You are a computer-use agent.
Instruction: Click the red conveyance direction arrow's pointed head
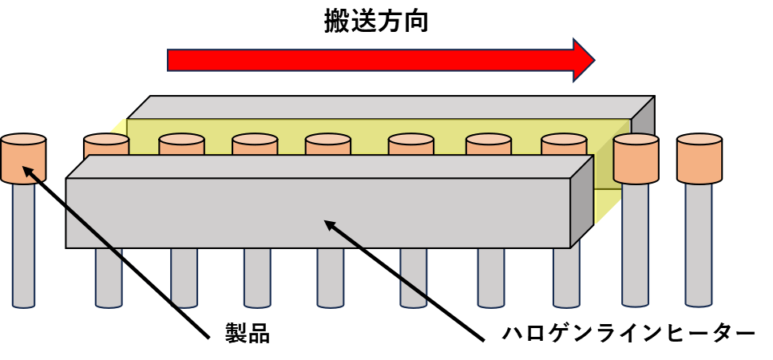pyautogui.click(x=585, y=60)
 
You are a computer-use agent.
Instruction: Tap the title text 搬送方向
pyautogui.click(x=375, y=22)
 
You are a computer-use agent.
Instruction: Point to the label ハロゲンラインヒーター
pyautogui.click(x=628, y=334)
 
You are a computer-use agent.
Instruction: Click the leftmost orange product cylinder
pyautogui.click(x=23, y=158)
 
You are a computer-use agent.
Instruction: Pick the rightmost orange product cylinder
pyautogui.click(x=699, y=158)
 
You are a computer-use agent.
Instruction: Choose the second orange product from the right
pyautogui.click(x=636, y=158)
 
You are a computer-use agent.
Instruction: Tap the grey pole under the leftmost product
pyautogui.click(x=24, y=245)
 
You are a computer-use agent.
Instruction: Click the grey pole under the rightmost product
pyautogui.click(x=699, y=245)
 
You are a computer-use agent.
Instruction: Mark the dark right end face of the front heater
pyautogui.click(x=581, y=202)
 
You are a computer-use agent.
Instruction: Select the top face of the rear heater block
pyautogui.click(x=391, y=107)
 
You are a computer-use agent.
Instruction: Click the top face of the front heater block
pyautogui.click(x=329, y=167)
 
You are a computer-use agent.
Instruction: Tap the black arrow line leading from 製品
pyautogui.click(x=117, y=253)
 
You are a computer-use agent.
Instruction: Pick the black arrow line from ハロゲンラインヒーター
pyautogui.click(x=404, y=280)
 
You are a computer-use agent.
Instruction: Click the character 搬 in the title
pyautogui.click(x=337, y=22)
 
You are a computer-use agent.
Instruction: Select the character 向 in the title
pyautogui.click(x=415, y=22)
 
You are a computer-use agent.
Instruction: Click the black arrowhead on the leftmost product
pyautogui.click(x=30, y=172)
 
